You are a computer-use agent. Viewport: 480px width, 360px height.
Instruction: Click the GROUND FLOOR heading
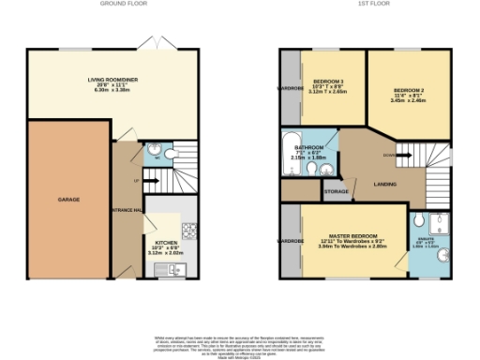122,4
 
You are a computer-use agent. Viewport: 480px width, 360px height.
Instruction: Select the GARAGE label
68,200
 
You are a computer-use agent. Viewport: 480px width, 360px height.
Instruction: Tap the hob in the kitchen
188,228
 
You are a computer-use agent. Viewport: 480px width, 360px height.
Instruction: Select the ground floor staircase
169,177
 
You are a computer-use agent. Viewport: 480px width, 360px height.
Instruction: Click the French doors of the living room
151,44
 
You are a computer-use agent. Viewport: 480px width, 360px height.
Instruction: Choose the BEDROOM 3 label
328,82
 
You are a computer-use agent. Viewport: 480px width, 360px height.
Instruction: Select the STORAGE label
337,191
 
